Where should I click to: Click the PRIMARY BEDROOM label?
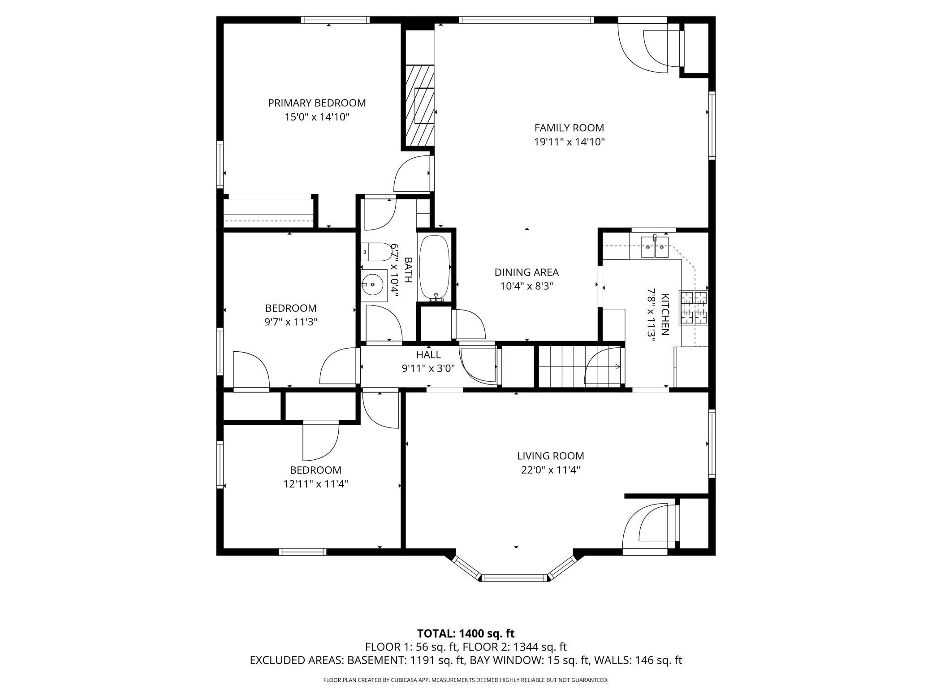pos(317,103)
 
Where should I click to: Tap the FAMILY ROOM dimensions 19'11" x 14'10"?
pos(569,142)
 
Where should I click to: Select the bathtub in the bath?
pos(434,268)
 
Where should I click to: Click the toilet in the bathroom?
pos(375,253)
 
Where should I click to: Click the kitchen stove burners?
pos(693,307)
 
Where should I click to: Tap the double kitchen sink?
pos(654,247)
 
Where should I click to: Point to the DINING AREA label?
pos(526,272)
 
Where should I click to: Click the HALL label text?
pos(428,354)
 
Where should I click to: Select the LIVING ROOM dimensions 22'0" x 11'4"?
pos(550,470)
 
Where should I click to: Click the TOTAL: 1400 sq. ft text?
pos(466,634)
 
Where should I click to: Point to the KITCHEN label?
pos(665,315)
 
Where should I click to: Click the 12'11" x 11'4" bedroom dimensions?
pos(315,484)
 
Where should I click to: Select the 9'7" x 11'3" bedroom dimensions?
pos(291,322)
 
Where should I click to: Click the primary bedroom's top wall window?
pos(335,20)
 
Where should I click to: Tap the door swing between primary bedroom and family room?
pos(411,175)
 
